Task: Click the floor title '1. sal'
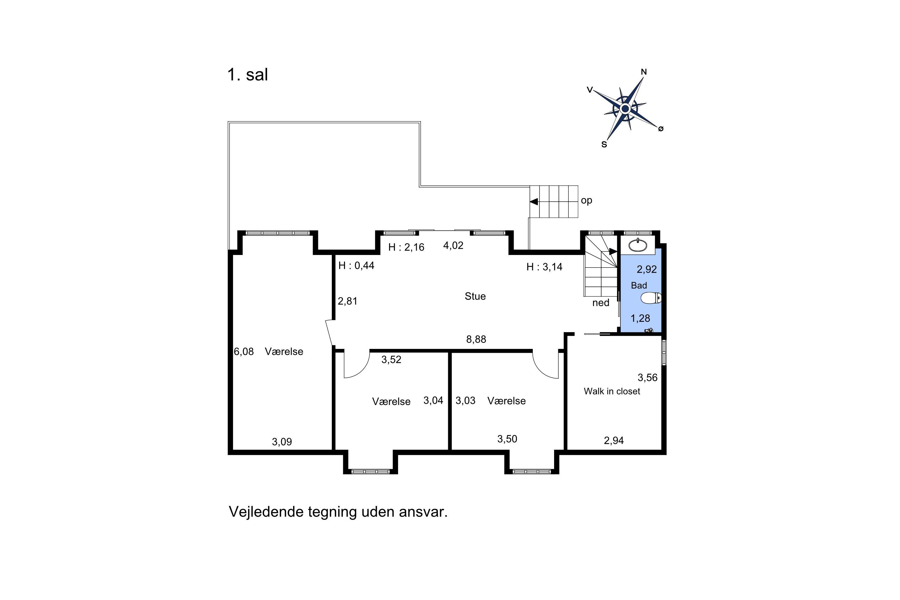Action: [x=247, y=75]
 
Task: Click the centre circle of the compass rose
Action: [x=625, y=109]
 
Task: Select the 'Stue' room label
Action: [x=475, y=296]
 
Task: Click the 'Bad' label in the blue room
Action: [x=639, y=286]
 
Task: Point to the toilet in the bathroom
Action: [x=651, y=298]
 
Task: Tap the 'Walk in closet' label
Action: [x=612, y=391]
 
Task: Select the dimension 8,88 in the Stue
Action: [x=476, y=339]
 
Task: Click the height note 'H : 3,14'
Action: [x=544, y=267]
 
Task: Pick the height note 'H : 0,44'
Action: [x=356, y=265]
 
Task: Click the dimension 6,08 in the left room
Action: [x=244, y=351]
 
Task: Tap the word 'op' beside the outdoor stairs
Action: [x=586, y=200]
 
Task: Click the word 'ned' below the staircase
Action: [x=601, y=303]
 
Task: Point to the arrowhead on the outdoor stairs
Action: [x=533, y=202]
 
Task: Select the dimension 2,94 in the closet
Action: [x=614, y=440]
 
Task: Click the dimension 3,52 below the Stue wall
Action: [x=391, y=359]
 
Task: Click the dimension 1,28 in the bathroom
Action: [x=640, y=318]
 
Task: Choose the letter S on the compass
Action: [x=604, y=144]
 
